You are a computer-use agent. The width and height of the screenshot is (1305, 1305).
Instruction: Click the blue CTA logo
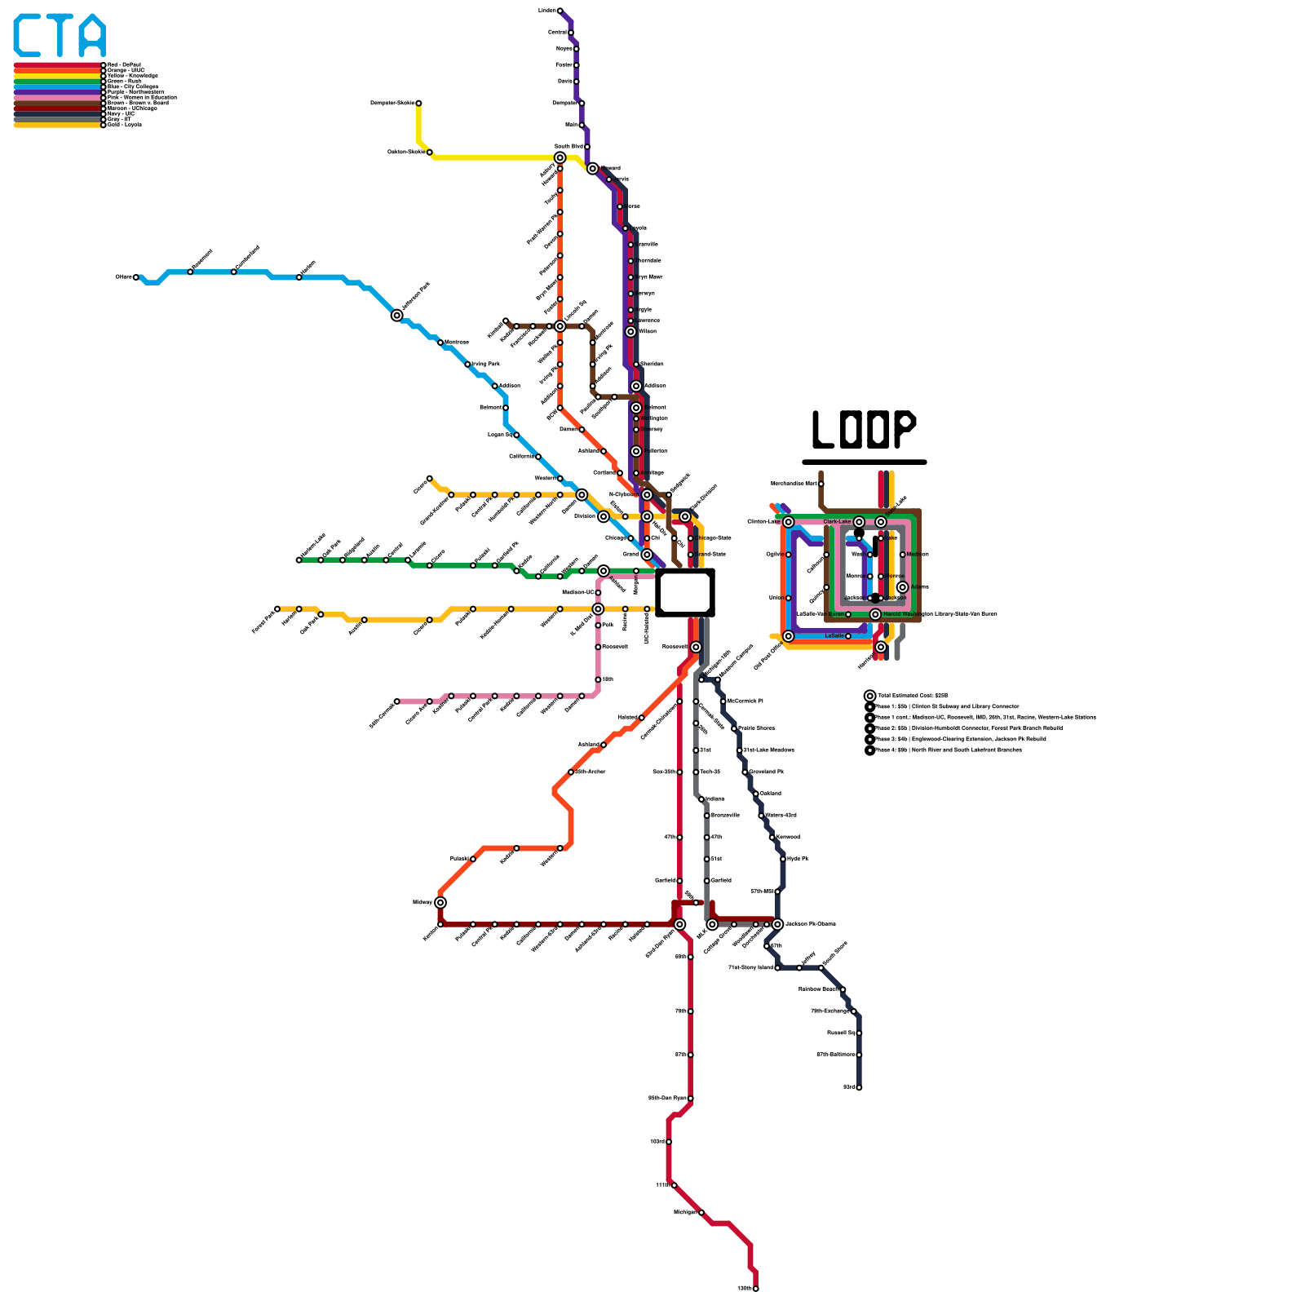(x=60, y=36)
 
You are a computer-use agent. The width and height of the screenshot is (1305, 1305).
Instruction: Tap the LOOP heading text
(x=864, y=429)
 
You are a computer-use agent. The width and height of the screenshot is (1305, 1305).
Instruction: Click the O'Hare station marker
(x=136, y=277)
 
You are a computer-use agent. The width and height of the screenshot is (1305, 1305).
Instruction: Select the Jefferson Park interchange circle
(x=397, y=316)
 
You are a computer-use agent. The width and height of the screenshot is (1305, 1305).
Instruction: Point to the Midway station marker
(x=440, y=902)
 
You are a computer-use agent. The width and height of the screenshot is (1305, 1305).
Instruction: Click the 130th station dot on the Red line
(x=756, y=1289)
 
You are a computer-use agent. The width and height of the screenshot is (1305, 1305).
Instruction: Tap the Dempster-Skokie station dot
(x=418, y=104)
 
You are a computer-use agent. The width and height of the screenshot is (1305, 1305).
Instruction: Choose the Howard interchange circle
(x=593, y=169)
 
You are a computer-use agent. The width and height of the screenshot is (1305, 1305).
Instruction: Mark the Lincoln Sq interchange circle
(x=560, y=326)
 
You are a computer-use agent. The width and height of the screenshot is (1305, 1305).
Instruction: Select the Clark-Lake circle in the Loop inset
(x=859, y=522)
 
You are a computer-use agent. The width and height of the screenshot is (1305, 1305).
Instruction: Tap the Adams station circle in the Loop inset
(x=902, y=587)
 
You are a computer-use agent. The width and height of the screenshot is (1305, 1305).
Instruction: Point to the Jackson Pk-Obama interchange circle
(x=777, y=924)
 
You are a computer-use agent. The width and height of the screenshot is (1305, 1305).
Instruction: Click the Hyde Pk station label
(x=798, y=859)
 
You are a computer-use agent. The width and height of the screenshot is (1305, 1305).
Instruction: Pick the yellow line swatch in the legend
(x=57, y=76)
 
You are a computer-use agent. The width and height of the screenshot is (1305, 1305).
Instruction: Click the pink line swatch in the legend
(x=57, y=98)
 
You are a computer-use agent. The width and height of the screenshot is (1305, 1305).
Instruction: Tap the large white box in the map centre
(x=685, y=593)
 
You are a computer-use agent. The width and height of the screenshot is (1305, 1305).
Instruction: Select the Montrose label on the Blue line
(x=457, y=343)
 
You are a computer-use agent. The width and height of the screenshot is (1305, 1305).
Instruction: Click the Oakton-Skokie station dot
(x=430, y=153)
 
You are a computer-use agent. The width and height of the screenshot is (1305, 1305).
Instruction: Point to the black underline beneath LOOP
(x=864, y=462)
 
